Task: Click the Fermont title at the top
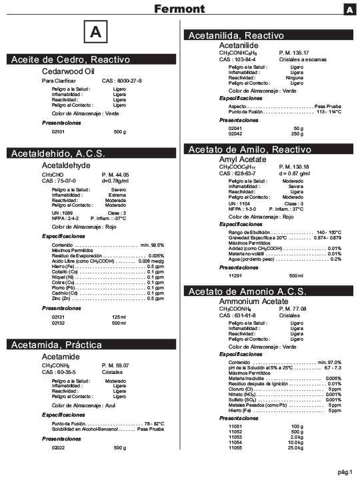click(x=179, y=9)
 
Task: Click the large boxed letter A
click(x=95, y=31)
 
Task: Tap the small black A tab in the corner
click(x=349, y=9)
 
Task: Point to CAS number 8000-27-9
click(x=121, y=80)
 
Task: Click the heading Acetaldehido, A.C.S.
click(x=58, y=154)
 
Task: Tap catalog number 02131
click(x=58, y=317)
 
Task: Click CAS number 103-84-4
click(x=239, y=59)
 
